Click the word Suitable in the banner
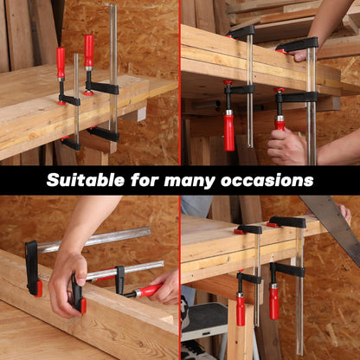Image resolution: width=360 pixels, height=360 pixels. [x=86, y=180]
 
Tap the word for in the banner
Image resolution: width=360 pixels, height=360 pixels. [x=145, y=180]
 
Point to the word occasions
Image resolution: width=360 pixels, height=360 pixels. [x=267, y=181]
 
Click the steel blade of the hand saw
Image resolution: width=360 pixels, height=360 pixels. [x=331, y=225]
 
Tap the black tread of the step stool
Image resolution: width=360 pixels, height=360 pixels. [x=204, y=318]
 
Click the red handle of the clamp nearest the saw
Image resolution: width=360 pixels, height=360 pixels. [x=274, y=302]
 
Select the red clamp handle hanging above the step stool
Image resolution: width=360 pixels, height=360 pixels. [x=241, y=309]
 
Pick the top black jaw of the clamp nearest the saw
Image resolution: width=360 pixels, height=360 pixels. [x=288, y=222]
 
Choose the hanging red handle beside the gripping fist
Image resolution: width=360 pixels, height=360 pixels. [x=229, y=130]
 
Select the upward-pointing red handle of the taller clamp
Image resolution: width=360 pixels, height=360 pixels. [x=89, y=51]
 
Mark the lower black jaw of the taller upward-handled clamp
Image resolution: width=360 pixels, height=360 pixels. [x=103, y=134]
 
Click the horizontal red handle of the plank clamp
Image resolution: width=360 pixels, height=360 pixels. [x=149, y=291]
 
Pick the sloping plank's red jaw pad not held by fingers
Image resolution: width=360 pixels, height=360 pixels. [x=38, y=288]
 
